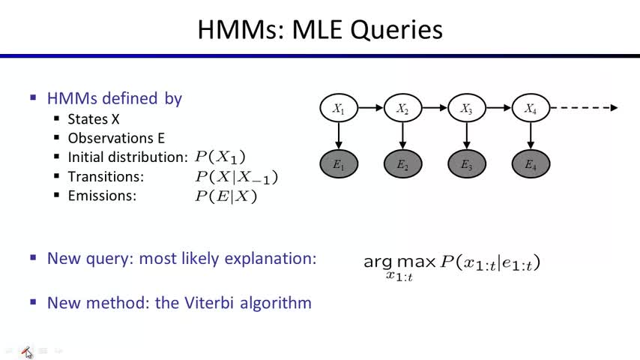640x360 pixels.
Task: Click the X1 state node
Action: [339, 109]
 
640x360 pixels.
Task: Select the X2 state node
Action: [402, 109]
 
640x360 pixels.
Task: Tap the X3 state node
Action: [467, 109]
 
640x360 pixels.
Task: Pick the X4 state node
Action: [531, 109]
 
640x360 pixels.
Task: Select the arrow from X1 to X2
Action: [370, 108]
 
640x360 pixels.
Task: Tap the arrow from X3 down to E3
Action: [467, 136]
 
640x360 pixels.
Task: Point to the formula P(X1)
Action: [220, 157]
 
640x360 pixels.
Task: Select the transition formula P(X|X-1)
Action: [236, 177]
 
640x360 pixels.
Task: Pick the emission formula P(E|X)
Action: [226, 196]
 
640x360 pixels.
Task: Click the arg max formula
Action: [451, 264]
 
